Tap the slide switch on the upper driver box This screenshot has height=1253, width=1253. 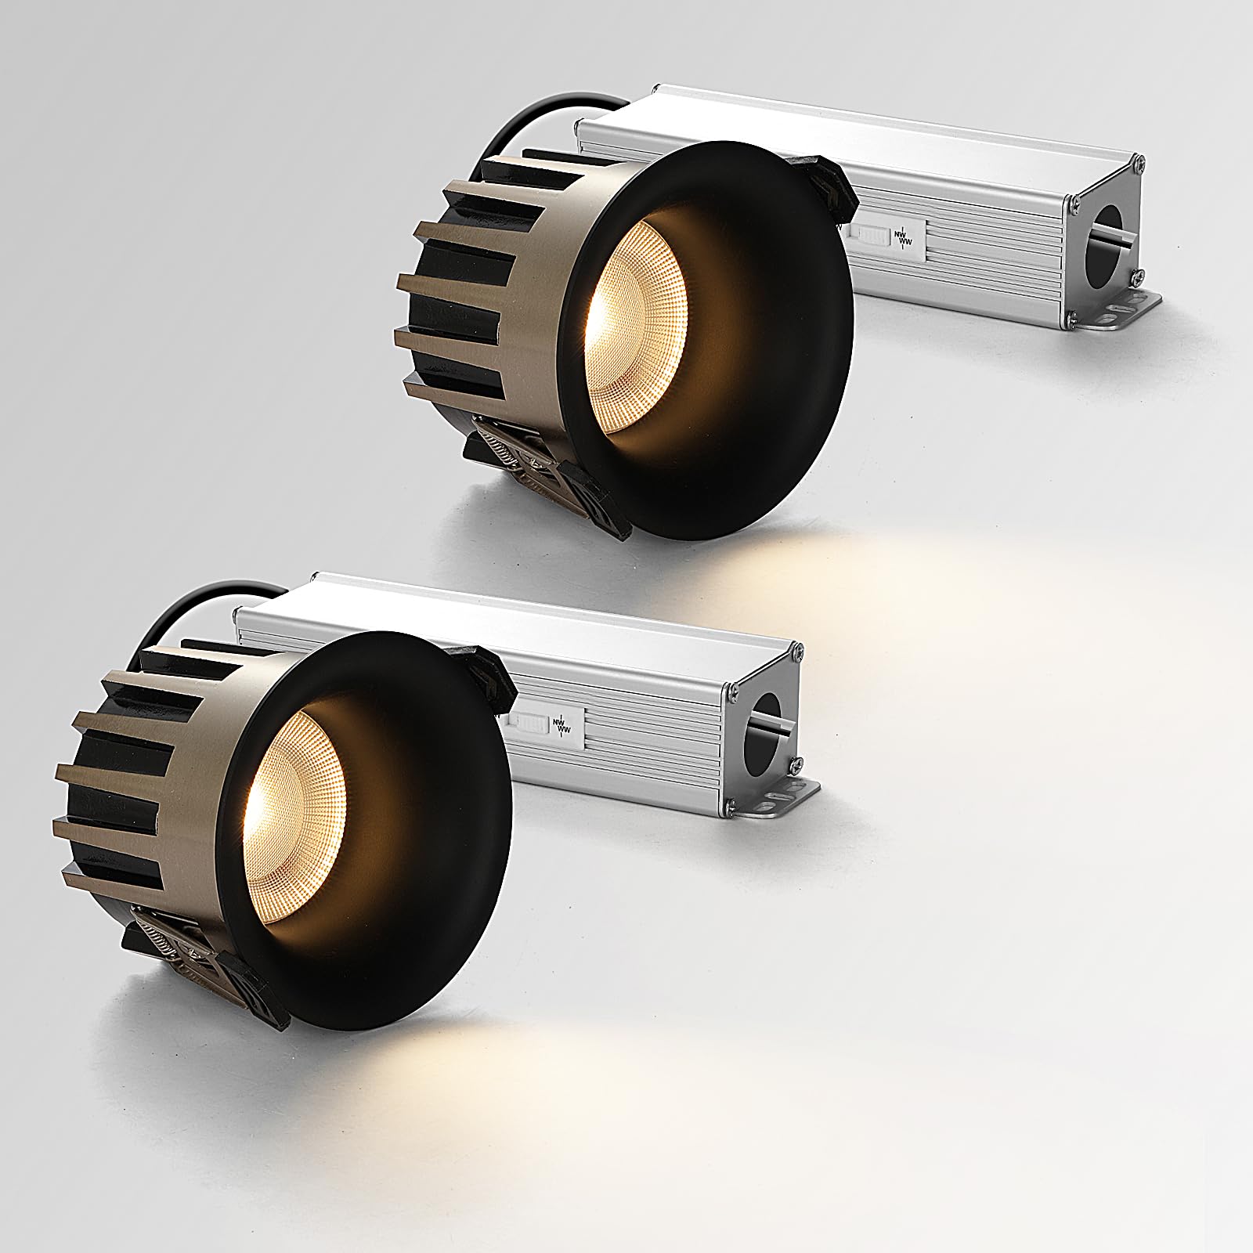(871, 233)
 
